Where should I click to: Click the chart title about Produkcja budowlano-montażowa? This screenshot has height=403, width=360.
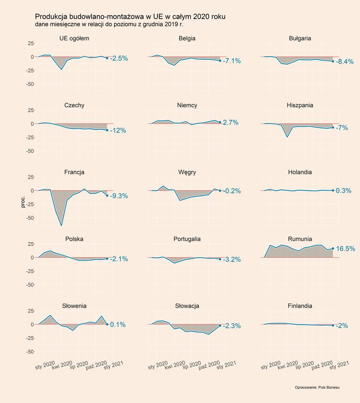(130, 16)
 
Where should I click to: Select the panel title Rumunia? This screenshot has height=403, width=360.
(300, 239)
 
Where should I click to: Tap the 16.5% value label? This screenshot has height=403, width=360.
(346, 249)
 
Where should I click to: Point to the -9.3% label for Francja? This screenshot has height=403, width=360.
(119, 196)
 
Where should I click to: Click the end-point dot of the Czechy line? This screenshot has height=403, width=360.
(107, 130)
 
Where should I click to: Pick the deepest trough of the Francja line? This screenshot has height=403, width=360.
(61, 225)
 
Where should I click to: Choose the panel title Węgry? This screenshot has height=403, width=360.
(187, 172)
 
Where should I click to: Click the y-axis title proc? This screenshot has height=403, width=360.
(23, 201)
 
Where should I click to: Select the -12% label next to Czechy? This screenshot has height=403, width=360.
(118, 130)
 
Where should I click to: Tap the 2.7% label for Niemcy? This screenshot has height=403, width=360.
(230, 123)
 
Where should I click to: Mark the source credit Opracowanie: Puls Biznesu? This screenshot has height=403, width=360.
(317, 387)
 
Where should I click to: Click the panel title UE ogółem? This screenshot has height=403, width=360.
(74, 38)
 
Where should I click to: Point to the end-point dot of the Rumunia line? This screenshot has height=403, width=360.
(333, 248)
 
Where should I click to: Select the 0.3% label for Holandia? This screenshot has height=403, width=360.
(344, 191)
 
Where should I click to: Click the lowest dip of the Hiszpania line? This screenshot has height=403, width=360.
(287, 137)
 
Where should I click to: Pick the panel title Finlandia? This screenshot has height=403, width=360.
(300, 306)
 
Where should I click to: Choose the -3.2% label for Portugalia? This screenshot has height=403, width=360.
(232, 260)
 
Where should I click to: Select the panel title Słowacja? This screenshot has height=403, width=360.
(187, 306)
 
